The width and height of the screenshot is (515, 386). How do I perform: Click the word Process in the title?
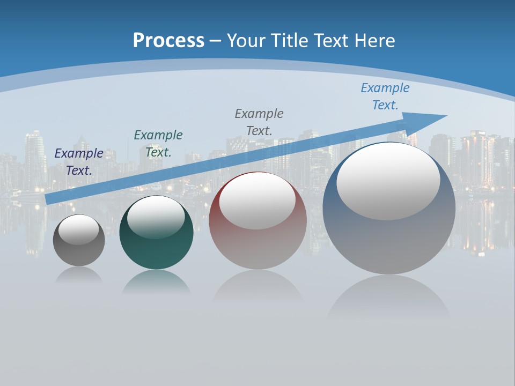coord(168,41)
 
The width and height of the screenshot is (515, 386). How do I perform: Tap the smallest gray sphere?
coord(79,252)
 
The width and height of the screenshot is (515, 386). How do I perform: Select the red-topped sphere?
coord(257,247)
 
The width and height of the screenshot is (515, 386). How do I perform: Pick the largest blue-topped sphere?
coord(389,241)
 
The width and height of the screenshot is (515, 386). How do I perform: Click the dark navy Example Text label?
coord(79,162)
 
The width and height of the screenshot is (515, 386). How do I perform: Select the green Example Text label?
coord(158,144)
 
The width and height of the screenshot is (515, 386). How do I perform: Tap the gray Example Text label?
coord(259,122)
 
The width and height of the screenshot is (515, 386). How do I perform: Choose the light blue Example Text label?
coord(385,96)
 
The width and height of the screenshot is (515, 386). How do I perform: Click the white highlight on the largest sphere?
coord(388,181)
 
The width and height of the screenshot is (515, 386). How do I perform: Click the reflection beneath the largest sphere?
coord(389,298)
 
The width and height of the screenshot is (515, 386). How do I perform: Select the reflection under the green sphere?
coord(156,282)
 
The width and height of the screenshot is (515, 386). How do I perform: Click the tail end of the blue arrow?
coord(49,199)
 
